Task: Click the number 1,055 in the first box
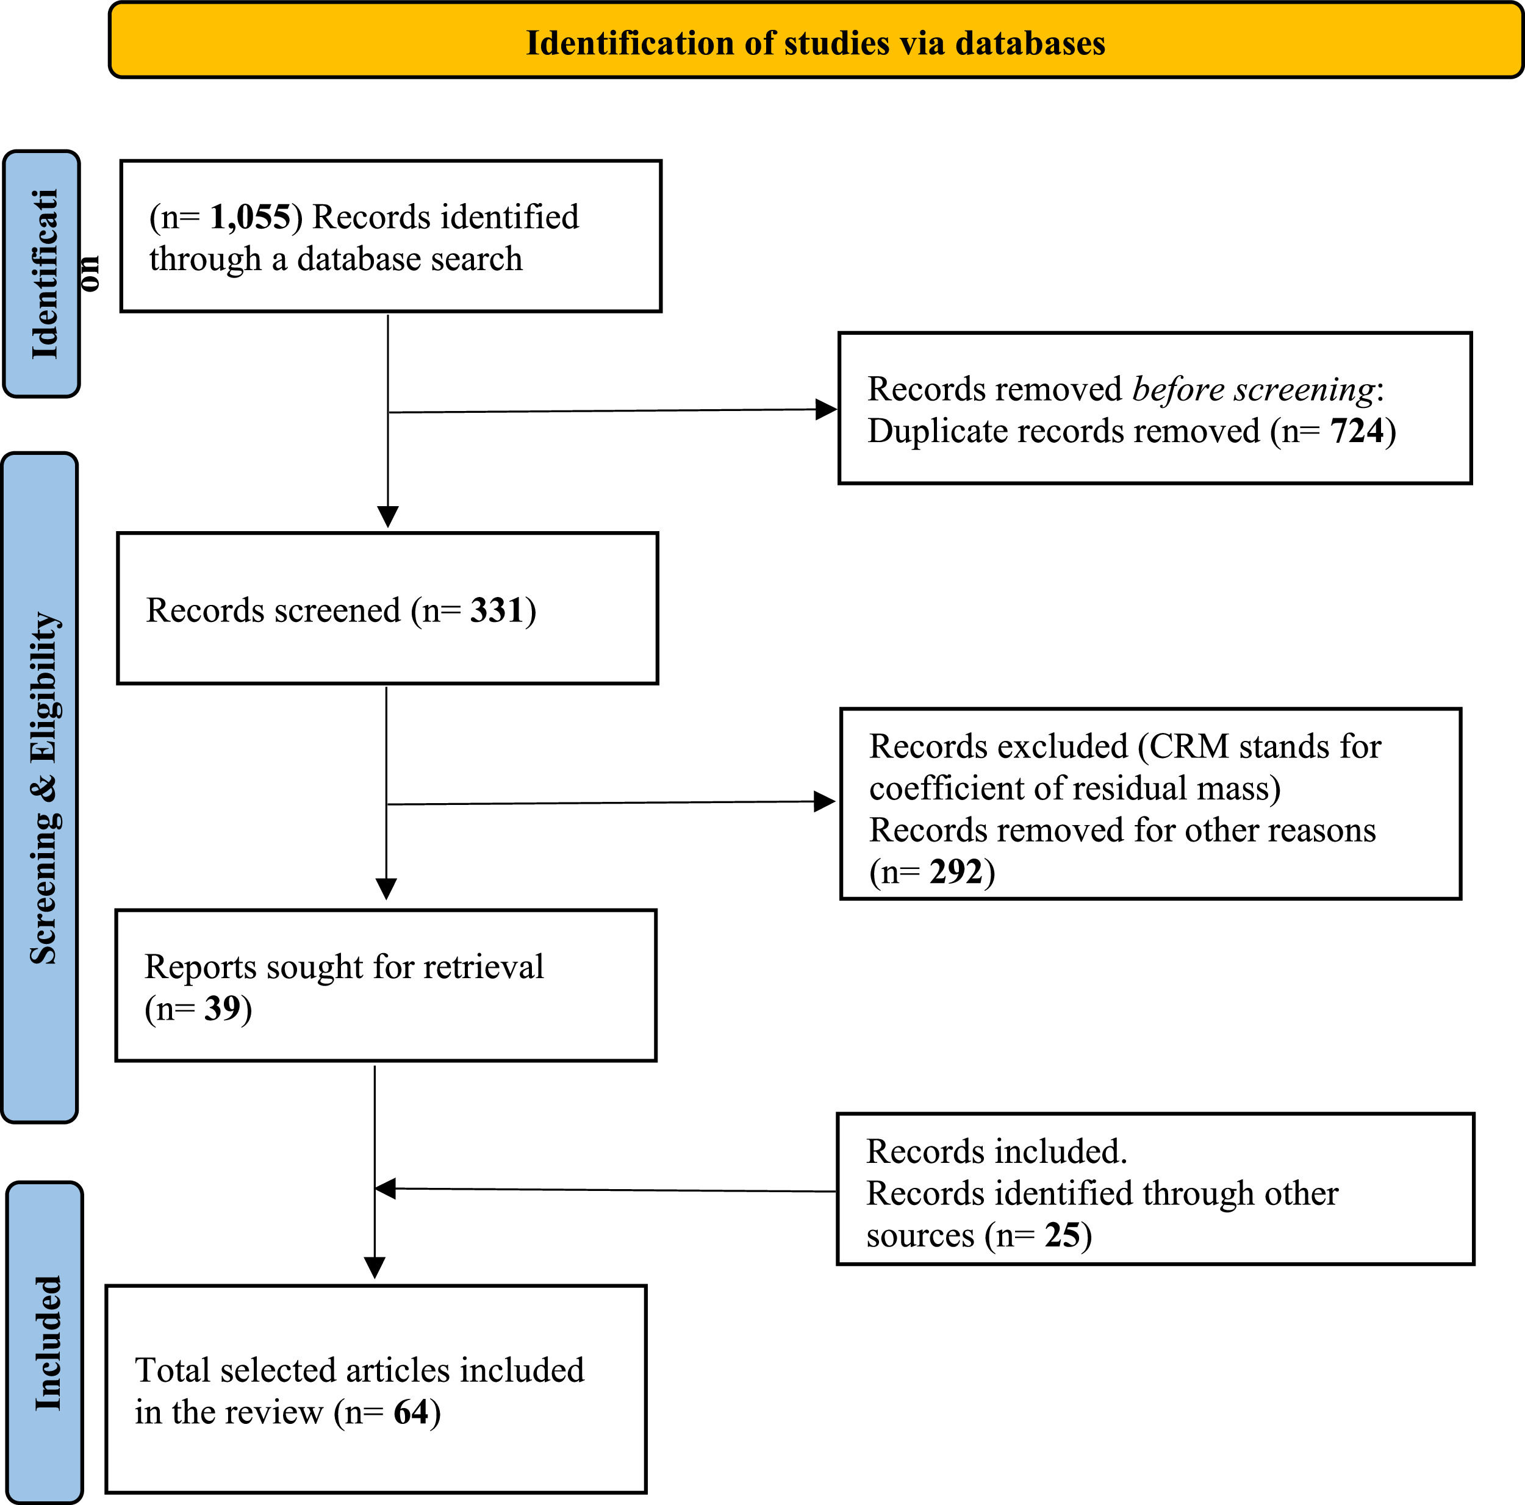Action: [249, 217]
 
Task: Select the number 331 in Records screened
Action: [497, 610]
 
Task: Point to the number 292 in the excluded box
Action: [955, 871]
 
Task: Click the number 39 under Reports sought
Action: [222, 1009]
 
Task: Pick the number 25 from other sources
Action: [1061, 1235]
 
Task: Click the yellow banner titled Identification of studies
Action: [816, 41]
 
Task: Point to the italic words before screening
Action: [1254, 389]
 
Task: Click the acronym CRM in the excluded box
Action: [1189, 746]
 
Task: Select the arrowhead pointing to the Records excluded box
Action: [824, 802]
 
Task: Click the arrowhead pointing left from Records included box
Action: [385, 1189]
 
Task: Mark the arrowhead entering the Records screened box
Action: [387, 517]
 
